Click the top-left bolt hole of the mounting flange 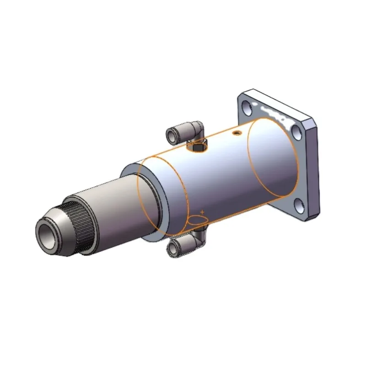pyautogui.click(x=247, y=108)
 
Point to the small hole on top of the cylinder pyautogui.click(x=236, y=133)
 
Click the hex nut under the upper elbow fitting pyautogui.click(x=198, y=146)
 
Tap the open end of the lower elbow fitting pyautogui.click(x=172, y=248)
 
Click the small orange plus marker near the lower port pyautogui.click(x=202, y=212)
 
